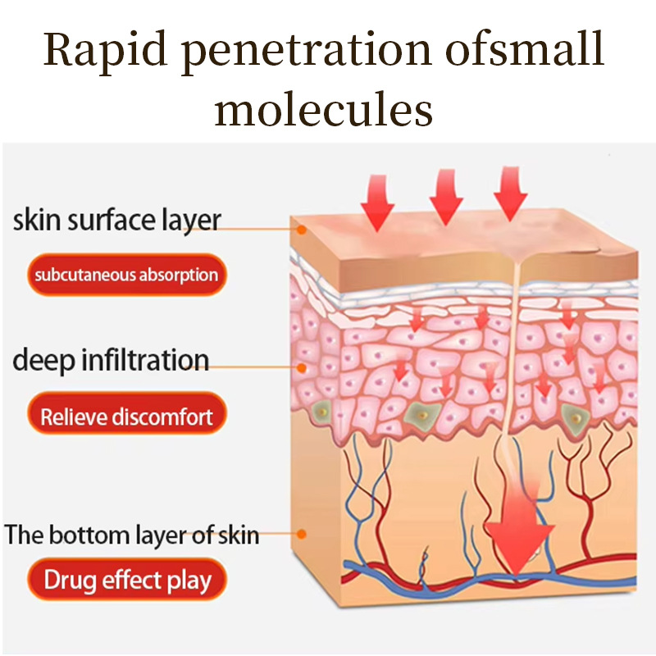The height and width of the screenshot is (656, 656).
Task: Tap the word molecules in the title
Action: click(x=324, y=110)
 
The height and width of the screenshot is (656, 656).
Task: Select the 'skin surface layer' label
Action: click(x=117, y=220)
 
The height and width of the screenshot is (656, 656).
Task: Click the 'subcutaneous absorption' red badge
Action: click(x=126, y=275)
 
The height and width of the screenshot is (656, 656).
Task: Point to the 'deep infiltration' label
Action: click(x=111, y=360)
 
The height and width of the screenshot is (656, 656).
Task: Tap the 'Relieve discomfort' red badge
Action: click(x=126, y=417)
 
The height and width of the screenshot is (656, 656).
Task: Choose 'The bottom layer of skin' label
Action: click(x=132, y=535)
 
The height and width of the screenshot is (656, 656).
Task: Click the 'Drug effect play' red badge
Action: click(x=127, y=581)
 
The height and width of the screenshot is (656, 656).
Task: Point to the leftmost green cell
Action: click(x=324, y=410)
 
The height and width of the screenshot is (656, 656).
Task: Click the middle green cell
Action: click(x=421, y=417)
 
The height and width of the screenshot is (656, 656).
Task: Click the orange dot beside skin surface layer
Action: click(x=302, y=230)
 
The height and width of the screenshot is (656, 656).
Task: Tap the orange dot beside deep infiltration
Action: click(x=302, y=369)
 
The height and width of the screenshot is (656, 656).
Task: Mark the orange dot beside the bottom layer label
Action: click(x=302, y=534)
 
